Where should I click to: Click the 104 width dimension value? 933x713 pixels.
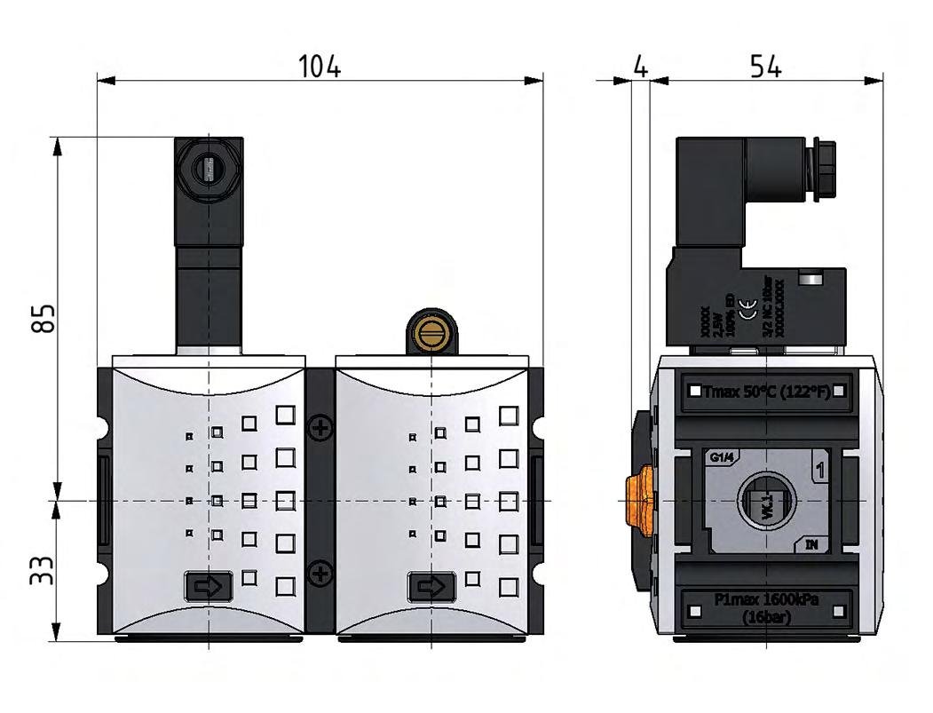pos(320,67)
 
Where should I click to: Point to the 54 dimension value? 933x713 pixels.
pos(764,67)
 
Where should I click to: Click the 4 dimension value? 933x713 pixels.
pos(641,67)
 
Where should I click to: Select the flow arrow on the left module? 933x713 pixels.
pos(209,586)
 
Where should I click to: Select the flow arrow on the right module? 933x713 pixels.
pos(431,586)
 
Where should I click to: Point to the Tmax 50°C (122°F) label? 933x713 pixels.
pos(766,391)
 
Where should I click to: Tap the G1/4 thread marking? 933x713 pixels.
pos(722,458)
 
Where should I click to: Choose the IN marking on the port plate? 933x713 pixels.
pos(811,544)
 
